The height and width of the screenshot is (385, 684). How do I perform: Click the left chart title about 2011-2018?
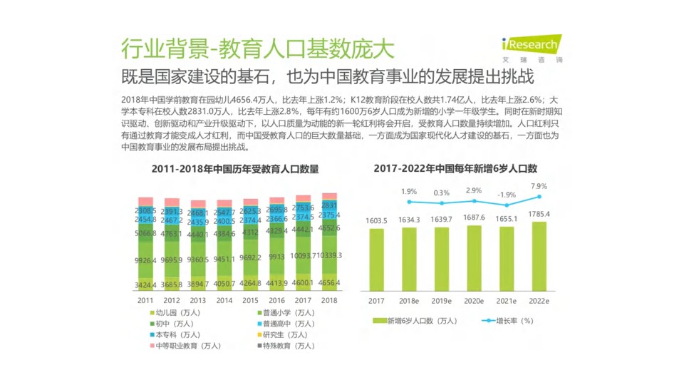[235, 169]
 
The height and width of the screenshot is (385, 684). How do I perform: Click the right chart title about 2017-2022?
[455, 168]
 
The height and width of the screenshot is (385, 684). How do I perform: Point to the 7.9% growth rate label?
[539, 186]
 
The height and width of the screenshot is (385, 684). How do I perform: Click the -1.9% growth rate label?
[507, 195]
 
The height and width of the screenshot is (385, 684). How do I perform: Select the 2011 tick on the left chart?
[146, 301]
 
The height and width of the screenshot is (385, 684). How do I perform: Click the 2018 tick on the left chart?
[329, 301]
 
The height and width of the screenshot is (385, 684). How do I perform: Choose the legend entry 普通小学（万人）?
[284, 312]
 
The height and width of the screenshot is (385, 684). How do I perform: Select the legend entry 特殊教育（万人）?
[284, 346]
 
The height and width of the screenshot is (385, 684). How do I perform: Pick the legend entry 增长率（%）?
[509, 321]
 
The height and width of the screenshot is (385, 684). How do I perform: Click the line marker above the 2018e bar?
[409, 201]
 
